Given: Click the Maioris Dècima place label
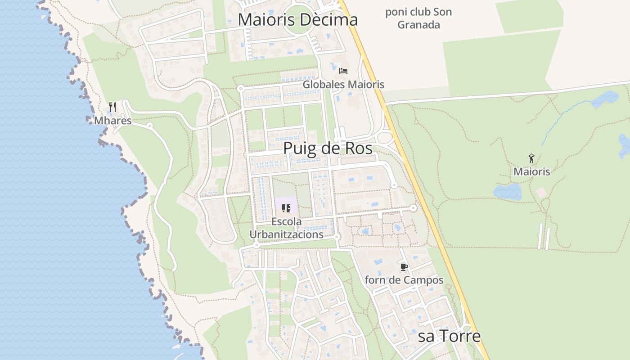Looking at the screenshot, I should click(297, 20).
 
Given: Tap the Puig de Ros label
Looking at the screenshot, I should click(328, 148).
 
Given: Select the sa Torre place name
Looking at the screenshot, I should click(449, 336).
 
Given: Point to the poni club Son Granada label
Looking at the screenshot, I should click(418, 18).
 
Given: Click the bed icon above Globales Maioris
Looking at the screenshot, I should click(343, 71).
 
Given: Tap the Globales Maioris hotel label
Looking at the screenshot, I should click(343, 84).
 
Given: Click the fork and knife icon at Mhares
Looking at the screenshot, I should click(112, 107).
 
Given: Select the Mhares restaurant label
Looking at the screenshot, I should click(112, 121).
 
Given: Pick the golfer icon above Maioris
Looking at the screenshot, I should click(531, 158).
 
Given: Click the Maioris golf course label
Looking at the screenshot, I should click(531, 171).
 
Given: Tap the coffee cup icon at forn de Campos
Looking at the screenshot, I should click(404, 267).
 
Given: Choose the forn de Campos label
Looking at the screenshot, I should click(404, 280).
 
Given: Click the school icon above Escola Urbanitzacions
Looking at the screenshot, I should click(286, 208).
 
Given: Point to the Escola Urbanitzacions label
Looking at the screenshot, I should click(286, 228).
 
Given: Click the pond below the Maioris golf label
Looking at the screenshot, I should click(507, 192).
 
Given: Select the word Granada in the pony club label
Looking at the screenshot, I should click(418, 25).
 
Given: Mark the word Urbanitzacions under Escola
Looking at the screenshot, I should click(286, 234).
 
